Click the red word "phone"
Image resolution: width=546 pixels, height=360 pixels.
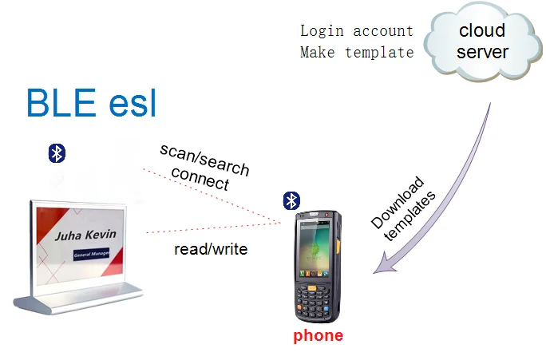(x=318, y=336)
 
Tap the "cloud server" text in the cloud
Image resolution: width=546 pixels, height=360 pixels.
(x=482, y=41)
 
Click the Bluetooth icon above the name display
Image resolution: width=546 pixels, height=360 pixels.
(x=57, y=153)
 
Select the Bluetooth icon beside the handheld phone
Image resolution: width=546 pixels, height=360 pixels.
(x=291, y=201)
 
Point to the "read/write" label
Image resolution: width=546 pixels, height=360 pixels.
(x=211, y=249)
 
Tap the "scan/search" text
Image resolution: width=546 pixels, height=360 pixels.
(x=204, y=160)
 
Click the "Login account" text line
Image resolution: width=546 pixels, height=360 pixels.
(x=357, y=31)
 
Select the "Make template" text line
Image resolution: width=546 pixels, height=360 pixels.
(x=357, y=53)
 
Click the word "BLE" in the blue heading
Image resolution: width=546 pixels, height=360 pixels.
(x=61, y=103)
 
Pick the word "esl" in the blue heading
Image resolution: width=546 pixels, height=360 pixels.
(x=133, y=104)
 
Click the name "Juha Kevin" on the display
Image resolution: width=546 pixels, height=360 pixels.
(x=85, y=235)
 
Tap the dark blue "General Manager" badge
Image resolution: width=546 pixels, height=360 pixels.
(x=91, y=254)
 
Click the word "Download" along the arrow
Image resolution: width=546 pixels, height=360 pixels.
(x=398, y=203)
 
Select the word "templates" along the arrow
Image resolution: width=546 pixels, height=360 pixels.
(x=409, y=216)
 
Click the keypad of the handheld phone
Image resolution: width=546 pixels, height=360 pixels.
(x=312, y=301)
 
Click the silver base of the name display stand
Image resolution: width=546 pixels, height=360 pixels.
(x=78, y=299)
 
